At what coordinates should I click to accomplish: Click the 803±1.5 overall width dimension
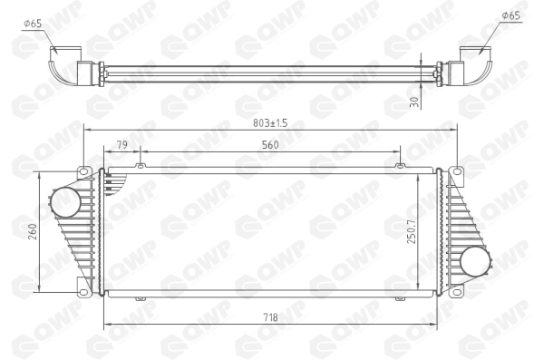270,123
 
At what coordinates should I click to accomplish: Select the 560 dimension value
270,145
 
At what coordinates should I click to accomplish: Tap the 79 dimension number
121,144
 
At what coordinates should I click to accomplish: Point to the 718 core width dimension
270,317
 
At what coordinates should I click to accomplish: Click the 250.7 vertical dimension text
412,231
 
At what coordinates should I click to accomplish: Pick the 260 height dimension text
33,231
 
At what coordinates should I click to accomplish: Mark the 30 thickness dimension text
414,102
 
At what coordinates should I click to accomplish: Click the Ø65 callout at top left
33,24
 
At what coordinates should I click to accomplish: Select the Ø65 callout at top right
511,15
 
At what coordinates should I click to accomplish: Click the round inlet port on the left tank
65,202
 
